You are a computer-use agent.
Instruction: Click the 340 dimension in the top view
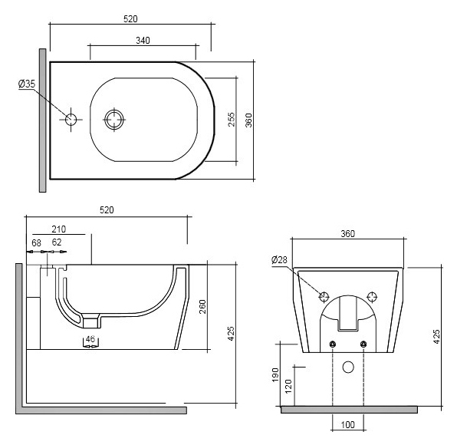click(x=143, y=41)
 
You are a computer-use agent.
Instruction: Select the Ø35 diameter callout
click(x=27, y=84)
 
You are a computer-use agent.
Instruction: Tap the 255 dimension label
click(x=231, y=119)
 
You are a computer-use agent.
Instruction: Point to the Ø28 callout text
click(x=279, y=259)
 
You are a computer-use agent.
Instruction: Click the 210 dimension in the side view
click(x=59, y=229)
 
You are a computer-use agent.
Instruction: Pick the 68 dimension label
click(x=37, y=242)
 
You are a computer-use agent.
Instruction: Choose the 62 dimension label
click(x=57, y=242)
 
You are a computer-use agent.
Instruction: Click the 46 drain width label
click(x=90, y=339)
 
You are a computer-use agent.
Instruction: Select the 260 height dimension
click(x=202, y=306)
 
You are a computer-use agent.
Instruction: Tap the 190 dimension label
click(x=275, y=374)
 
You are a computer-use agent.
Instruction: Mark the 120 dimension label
click(x=288, y=387)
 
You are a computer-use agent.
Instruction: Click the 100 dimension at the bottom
click(x=347, y=424)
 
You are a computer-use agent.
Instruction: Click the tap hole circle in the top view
click(x=71, y=120)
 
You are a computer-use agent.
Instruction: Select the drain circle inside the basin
click(x=114, y=120)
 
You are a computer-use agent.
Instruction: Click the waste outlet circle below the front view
click(x=348, y=368)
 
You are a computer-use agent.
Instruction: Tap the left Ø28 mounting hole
click(x=324, y=297)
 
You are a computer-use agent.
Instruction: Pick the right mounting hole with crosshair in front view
click(x=372, y=297)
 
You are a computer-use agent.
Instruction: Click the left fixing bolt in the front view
click(x=333, y=344)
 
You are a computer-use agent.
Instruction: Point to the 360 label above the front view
click(x=347, y=234)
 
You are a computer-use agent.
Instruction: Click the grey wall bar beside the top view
click(x=42, y=120)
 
